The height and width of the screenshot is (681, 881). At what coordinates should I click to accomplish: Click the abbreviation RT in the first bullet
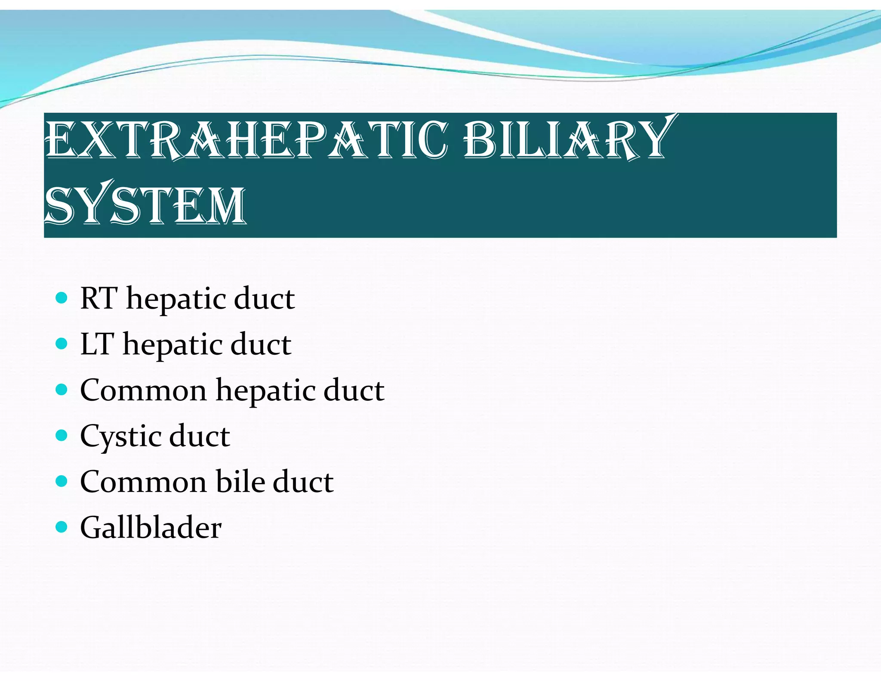(x=99, y=298)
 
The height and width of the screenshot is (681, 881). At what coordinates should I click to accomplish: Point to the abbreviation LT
(x=97, y=344)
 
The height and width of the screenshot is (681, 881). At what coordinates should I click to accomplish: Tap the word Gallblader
(x=151, y=527)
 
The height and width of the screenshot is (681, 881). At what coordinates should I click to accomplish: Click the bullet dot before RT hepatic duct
(x=62, y=298)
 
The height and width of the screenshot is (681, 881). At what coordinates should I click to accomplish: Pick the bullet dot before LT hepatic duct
(x=62, y=344)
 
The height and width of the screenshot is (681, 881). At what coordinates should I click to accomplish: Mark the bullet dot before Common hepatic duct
(x=62, y=390)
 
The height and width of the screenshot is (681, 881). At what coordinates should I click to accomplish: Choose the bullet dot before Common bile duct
(x=62, y=481)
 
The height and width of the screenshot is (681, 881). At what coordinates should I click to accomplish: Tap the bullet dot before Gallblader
(x=62, y=527)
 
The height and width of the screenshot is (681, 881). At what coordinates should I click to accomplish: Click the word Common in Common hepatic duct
(x=143, y=390)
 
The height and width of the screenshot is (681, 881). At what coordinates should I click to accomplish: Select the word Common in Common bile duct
(x=143, y=482)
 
